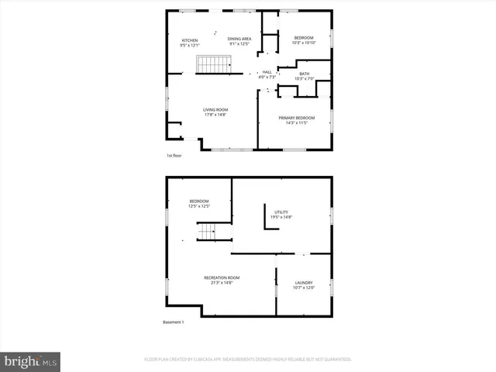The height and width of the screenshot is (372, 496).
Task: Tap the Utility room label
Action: [x=280, y=214]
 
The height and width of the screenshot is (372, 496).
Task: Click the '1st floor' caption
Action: [x=174, y=156]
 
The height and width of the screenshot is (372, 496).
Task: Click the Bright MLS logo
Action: [x=31, y=361]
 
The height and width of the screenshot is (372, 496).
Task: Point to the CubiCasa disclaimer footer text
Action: [x=248, y=360]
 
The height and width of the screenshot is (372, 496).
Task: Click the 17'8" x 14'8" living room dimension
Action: [x=215, y=115]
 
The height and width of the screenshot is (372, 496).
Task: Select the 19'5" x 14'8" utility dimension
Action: [x=280, y=218]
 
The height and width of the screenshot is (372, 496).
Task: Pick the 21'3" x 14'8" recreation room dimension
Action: [x=222, y=283]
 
